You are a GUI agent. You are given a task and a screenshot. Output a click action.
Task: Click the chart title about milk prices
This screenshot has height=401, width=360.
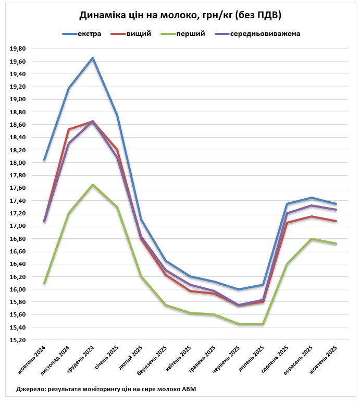180,15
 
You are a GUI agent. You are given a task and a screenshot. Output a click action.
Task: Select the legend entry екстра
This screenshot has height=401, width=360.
89,34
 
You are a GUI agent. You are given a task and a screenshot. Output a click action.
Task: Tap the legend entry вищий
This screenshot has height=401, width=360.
139,34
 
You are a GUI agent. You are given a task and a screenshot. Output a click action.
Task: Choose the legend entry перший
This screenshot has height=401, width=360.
190,34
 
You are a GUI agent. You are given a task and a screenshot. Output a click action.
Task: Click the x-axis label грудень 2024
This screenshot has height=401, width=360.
82,360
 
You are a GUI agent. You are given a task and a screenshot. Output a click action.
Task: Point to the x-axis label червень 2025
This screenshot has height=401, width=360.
227,360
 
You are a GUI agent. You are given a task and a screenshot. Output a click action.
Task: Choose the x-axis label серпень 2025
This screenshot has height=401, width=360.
276,360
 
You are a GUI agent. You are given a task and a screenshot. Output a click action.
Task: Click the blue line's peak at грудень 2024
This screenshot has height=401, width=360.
93,58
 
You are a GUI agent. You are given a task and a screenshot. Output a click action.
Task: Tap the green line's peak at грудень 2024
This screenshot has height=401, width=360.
93,185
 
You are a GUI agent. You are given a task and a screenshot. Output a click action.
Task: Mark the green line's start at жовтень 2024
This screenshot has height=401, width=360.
44,283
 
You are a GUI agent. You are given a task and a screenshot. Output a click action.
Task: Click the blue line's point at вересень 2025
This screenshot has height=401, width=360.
312,198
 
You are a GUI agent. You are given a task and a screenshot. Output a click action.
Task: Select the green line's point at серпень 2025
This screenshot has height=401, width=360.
287,264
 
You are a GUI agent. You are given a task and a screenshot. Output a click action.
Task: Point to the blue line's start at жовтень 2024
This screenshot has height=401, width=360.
44,160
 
